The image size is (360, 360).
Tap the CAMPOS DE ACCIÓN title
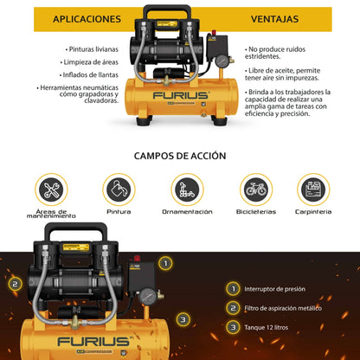point(180,157)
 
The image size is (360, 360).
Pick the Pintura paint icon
point(119,190)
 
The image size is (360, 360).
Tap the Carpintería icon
point(312,190)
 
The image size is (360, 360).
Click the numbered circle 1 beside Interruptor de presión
point(232,288)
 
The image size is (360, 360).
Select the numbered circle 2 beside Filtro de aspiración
point(232,307)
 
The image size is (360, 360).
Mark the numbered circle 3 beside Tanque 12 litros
point(232,327)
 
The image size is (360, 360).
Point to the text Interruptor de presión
point(287,288)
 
